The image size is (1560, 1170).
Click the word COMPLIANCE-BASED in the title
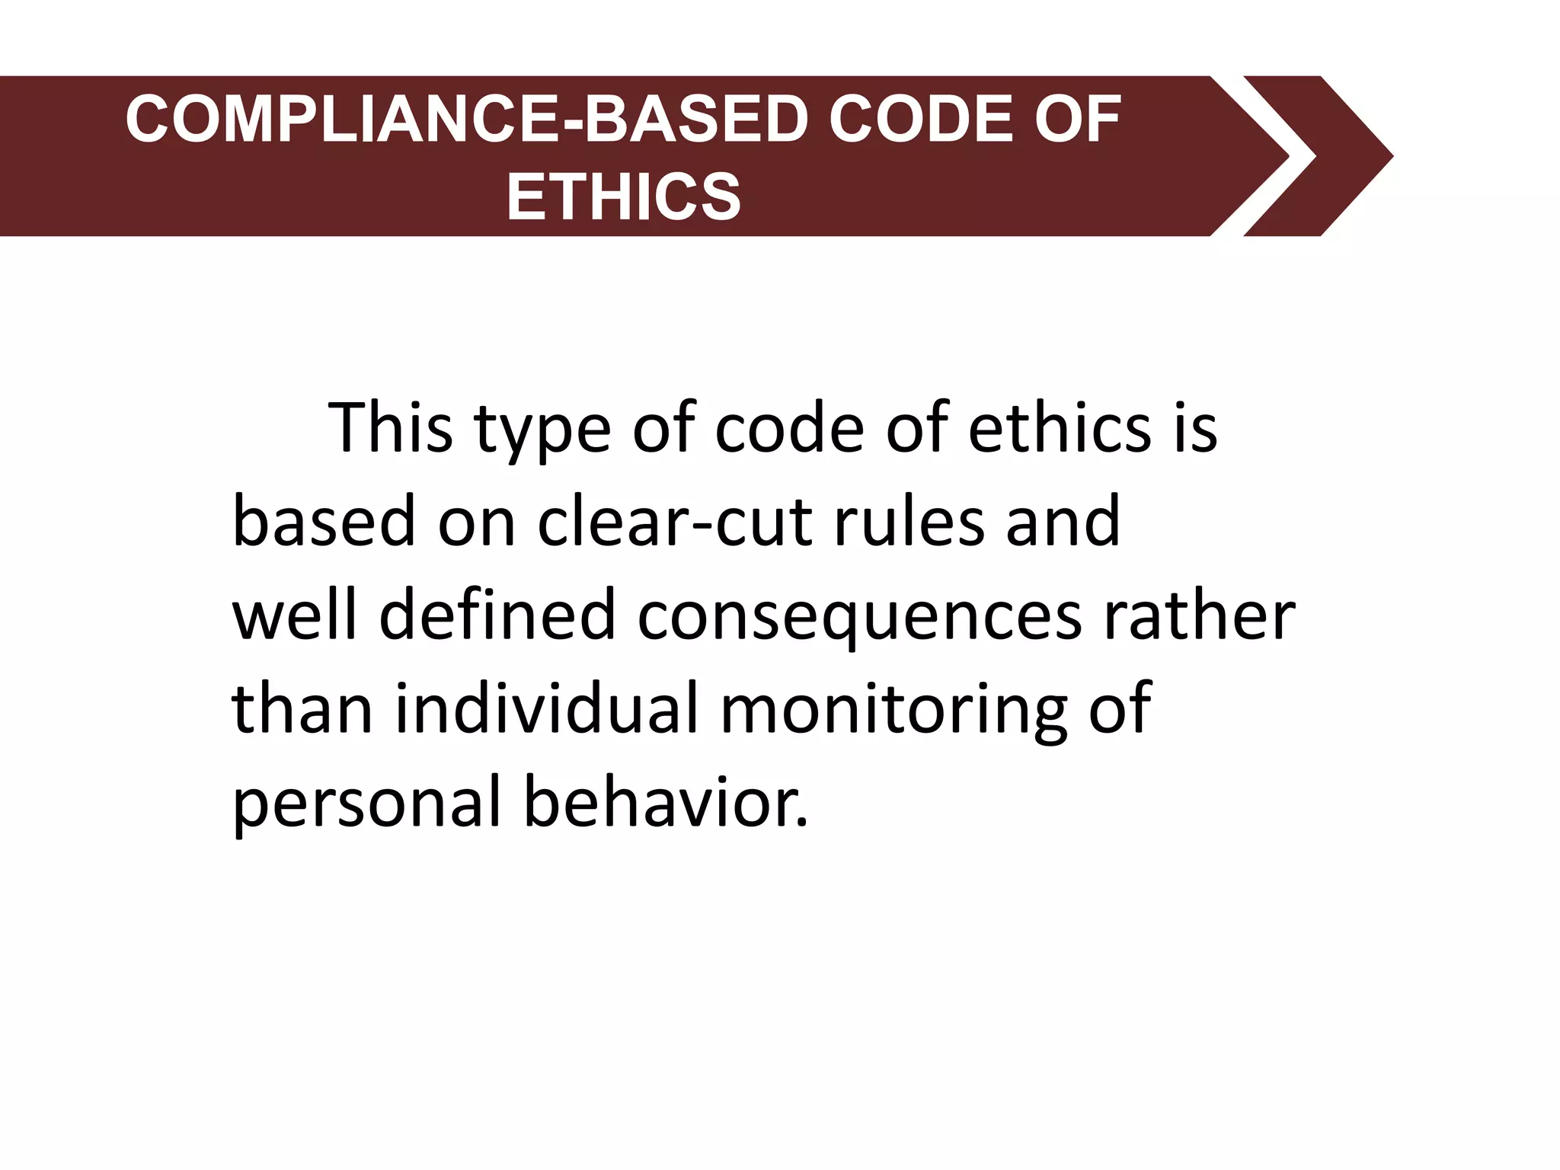[x=465, y=120]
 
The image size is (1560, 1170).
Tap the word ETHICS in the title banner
[x=624, y=197]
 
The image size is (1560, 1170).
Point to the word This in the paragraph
[x=390, y=428]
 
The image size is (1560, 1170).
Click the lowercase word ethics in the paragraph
[x=1059, y=428]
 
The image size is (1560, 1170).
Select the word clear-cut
[x=675, y=523]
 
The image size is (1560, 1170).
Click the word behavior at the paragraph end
[x=665, y=803]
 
